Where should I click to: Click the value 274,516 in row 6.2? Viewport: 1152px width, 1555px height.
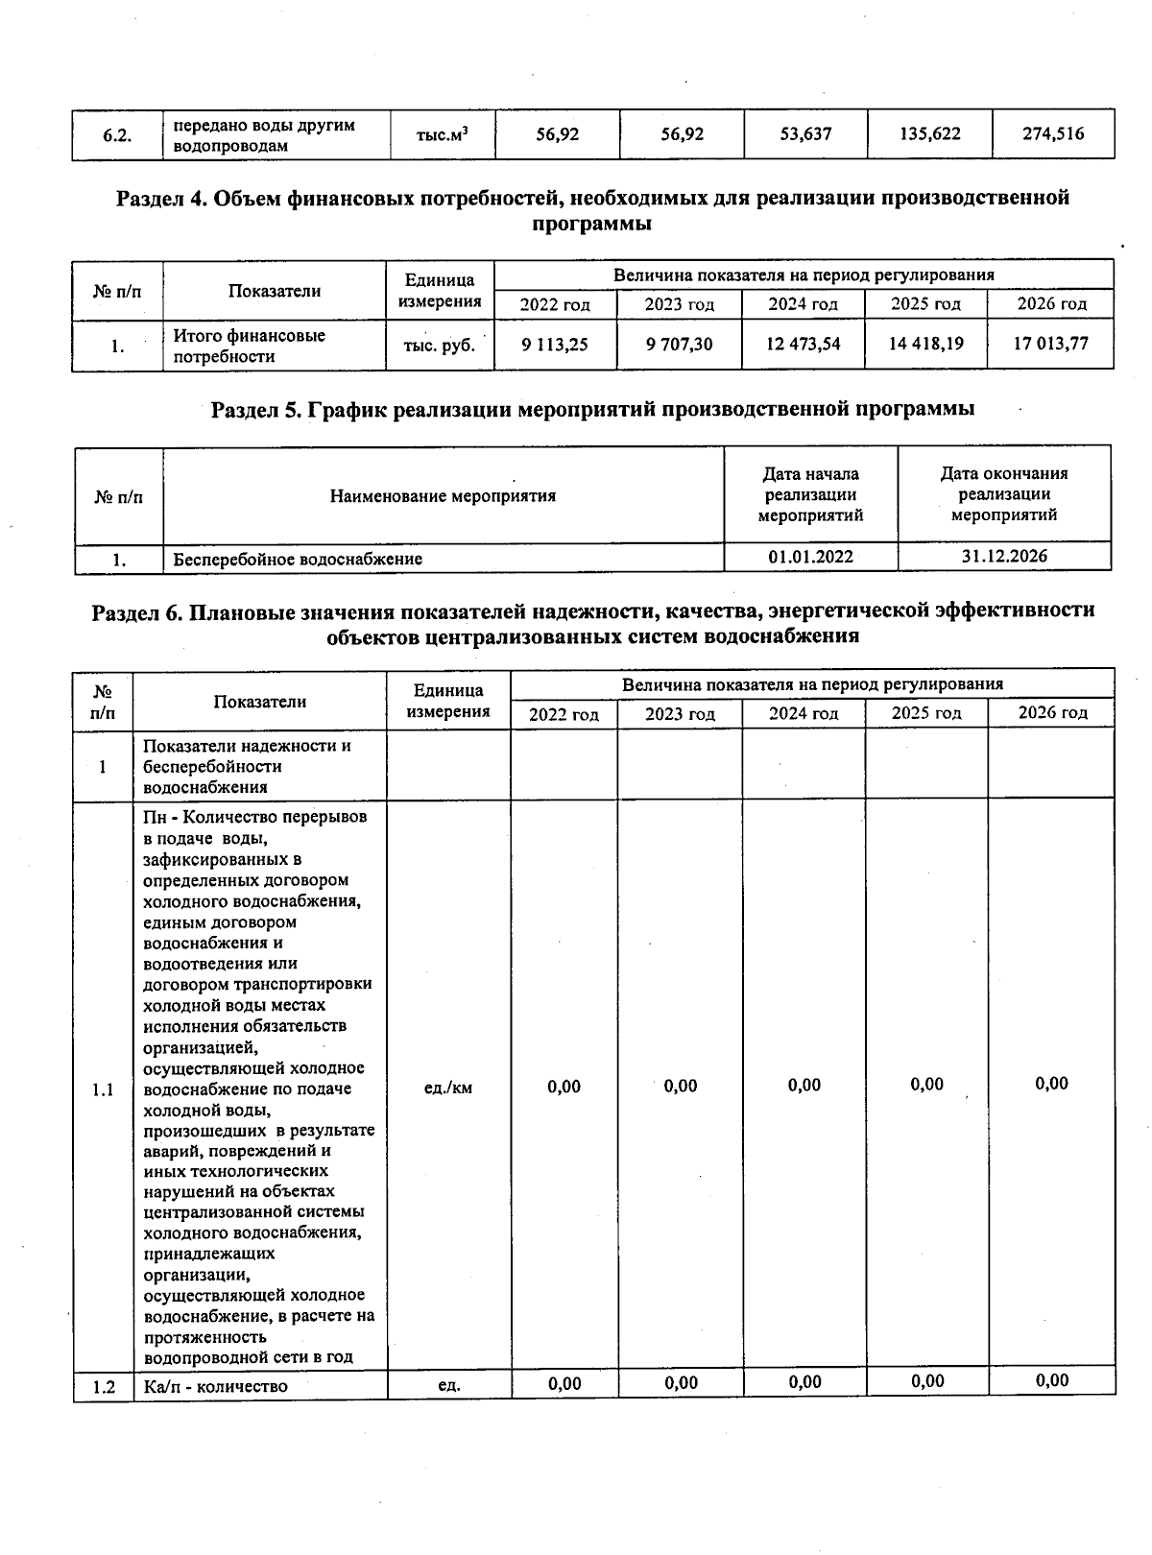pyautogui.click(x=1053, y=134)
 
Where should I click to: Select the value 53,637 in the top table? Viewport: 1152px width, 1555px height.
pyautogui.click(x=805, y=134)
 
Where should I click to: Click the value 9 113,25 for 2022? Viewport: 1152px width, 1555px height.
pyautogui.click(x=555, y=344)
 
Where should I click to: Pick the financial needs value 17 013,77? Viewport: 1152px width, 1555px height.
pyautogui.click(x=1051, y=344)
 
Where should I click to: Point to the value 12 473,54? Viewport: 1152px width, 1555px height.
pyautogui.click(x=803, y=344)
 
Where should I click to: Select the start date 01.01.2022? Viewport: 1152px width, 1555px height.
pyautogui.click(x=810, y=557)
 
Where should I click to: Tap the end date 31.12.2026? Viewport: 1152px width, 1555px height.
pyautogui.click(x=1004, y=556)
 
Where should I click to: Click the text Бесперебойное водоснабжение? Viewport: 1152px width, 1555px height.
pyautogui.click(x=298, y=559)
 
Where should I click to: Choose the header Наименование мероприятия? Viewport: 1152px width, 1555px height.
pyautogui.click(x=443, y=496)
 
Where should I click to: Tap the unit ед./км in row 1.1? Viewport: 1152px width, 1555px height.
pyautogui.click(x=447, y=1088)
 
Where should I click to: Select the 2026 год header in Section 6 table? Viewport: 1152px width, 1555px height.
pyautogui.click(x=1052, y=712)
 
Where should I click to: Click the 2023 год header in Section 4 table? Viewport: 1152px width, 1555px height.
pyautogui.click(x=679, y=304)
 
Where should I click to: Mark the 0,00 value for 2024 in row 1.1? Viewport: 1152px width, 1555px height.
pyautogui.click(x=804, y=1086)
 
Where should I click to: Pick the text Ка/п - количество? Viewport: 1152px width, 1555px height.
pyautogui.click(x=215, y=1386)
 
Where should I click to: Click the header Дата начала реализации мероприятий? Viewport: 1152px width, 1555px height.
pyautogui.click(x=810, y=494)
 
